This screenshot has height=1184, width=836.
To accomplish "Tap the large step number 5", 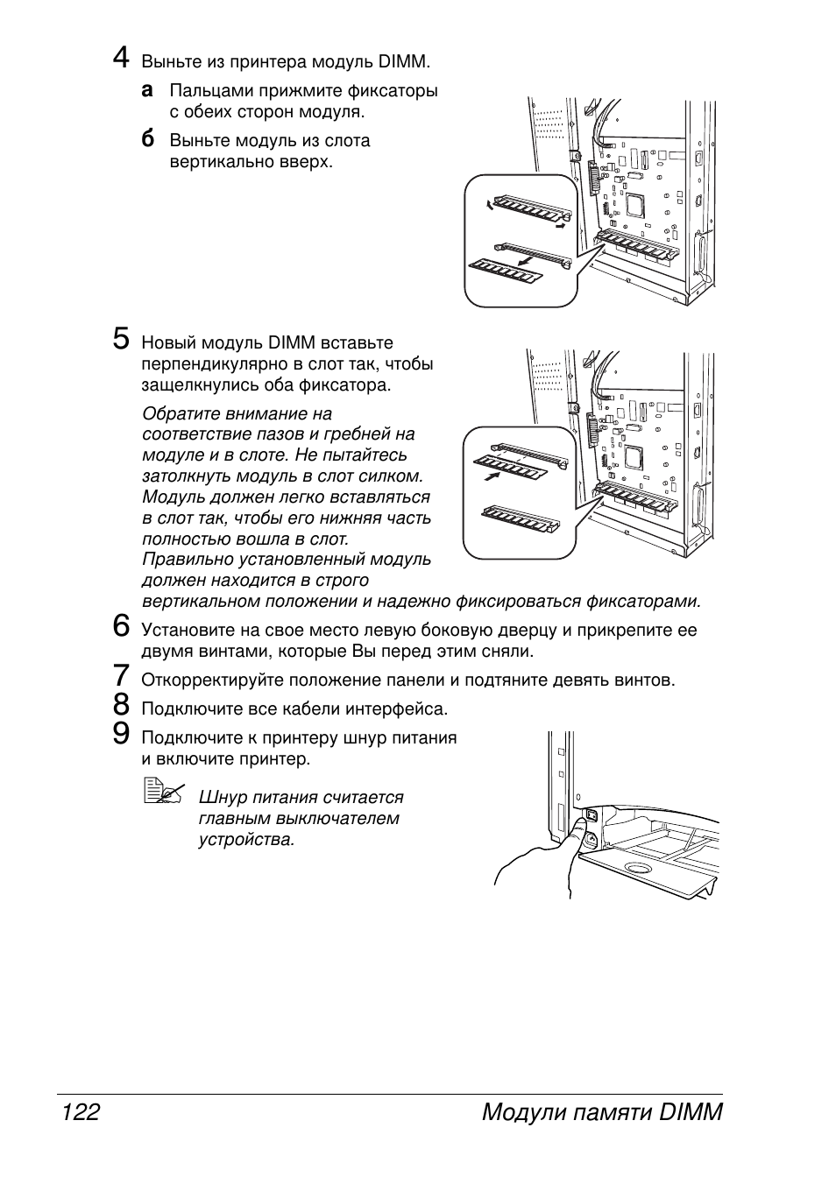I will (122, 338).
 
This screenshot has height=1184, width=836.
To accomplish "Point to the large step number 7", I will (122, 675).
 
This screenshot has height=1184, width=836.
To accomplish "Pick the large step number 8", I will (122, 704).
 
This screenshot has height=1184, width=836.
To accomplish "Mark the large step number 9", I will (122, 733).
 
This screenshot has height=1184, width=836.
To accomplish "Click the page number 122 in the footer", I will (81, 1112).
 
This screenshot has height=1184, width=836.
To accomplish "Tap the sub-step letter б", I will (148, 139).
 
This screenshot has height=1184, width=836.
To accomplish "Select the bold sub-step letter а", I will (148, 90).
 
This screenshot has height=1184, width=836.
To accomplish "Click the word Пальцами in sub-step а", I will (207, 91).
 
